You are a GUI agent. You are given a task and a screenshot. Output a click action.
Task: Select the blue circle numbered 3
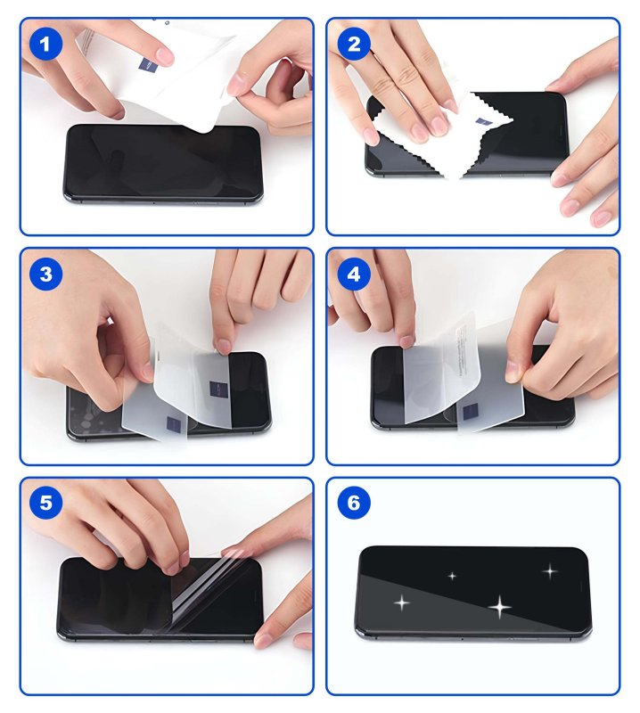[45, 274]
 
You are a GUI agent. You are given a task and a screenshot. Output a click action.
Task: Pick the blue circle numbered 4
[353, 274]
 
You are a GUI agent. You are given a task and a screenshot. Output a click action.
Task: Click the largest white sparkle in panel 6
[500, 607]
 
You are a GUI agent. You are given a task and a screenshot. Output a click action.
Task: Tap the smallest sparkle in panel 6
[452, 576]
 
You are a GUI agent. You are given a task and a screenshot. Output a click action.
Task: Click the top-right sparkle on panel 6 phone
[550, 570]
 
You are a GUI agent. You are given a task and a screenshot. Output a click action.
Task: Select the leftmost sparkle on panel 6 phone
[402, 603]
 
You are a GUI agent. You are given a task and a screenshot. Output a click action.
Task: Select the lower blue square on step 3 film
[172, 422]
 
